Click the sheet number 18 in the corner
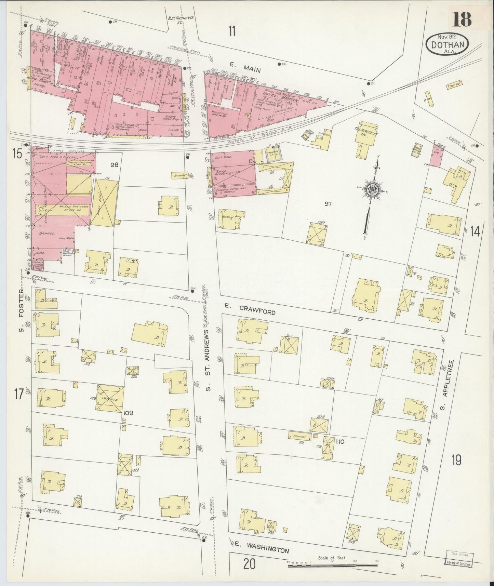(x=462, y=19)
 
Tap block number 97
(x=328, y=204)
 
